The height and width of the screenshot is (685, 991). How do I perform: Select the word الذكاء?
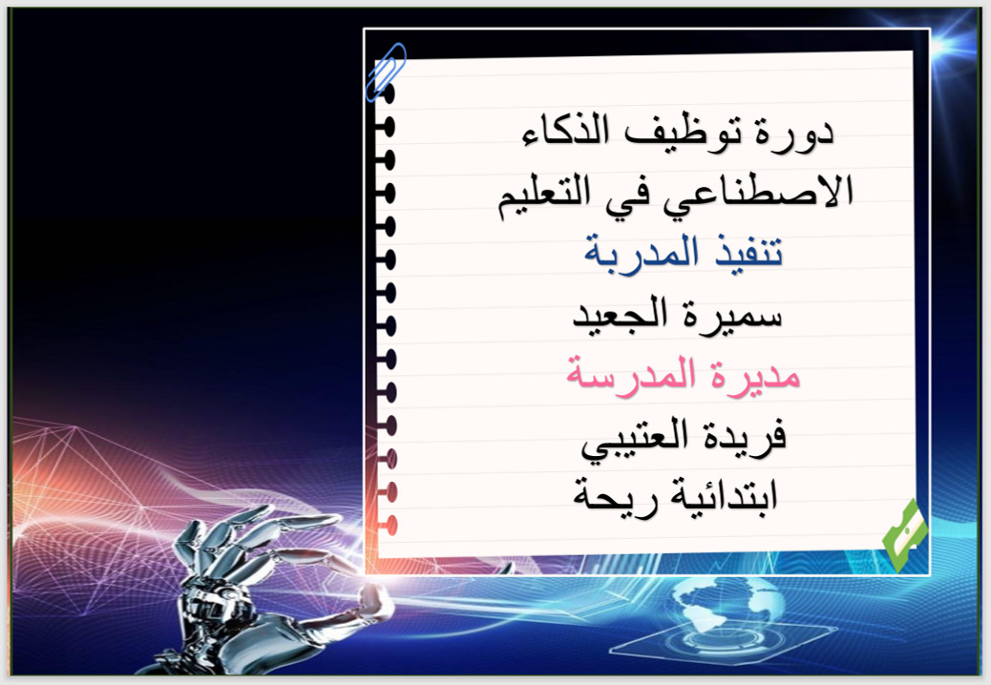click(565, 131)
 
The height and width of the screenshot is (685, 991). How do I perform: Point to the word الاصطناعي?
click(758, 193)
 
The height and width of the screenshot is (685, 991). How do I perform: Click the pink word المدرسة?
click(631, 375)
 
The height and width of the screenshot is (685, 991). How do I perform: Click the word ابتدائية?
click(717, 495)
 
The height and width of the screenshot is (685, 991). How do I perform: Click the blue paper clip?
click(386, 72)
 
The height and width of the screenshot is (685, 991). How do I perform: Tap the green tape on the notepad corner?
click(906, 535)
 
